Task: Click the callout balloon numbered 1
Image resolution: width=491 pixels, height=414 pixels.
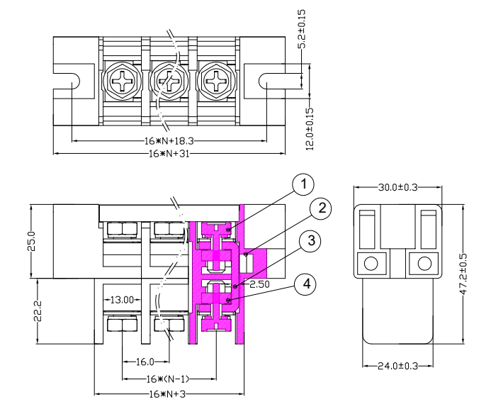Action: click(303, 185)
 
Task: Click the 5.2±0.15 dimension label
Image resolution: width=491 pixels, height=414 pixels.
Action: click(302, 29)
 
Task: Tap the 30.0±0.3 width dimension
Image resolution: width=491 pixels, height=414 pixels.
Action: click(397, 187)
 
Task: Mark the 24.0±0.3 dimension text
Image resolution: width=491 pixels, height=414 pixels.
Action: click(397, 366)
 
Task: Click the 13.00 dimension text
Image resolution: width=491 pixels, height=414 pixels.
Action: click(121, 300)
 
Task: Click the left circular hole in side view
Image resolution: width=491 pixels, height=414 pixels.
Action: click(370, 264)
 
